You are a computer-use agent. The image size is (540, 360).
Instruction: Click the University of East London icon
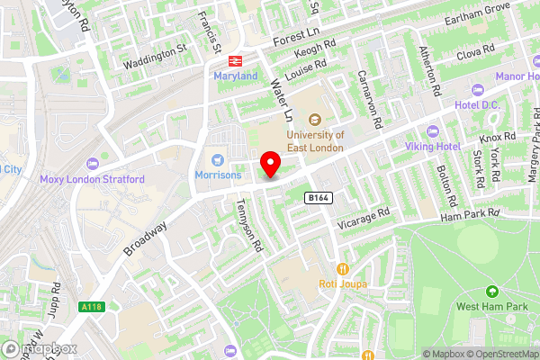point(316,120)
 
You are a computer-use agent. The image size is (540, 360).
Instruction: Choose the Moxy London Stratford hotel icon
point(92,165)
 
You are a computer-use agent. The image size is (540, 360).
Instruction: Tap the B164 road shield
point(317,196)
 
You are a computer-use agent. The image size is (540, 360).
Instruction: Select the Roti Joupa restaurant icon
point(342,269)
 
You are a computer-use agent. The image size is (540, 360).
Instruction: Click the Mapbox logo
point(39,349)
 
